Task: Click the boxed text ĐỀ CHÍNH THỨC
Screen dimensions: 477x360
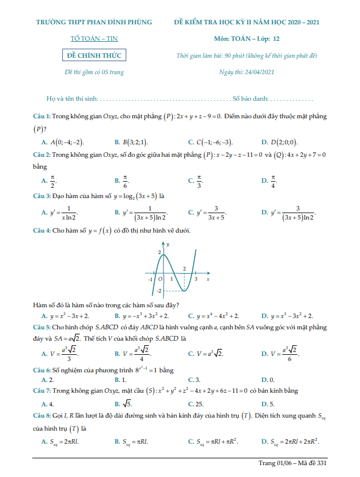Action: tap(94, 55)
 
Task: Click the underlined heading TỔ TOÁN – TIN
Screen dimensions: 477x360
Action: tap(94, 38)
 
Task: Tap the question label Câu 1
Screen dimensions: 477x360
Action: tap(42, 116)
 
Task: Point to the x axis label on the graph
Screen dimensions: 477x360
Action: tap(208, 279)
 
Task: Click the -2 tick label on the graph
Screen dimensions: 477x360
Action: tap(159, 290)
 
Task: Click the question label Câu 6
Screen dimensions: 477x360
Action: tap(42, 370)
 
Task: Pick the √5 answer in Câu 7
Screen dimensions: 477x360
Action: tap(128, 404)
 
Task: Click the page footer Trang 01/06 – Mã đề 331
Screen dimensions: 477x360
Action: tap(293, 463)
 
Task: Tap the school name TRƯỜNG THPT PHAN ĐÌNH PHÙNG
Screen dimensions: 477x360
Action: tap(94, 22)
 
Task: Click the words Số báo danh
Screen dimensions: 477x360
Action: tap(250, 98)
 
